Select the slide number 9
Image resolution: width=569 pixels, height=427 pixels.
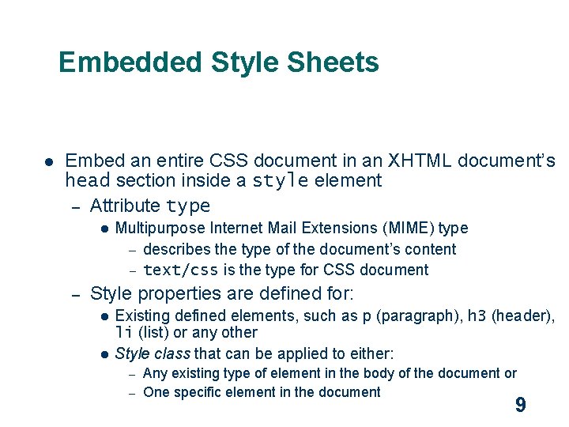(x=520, y=406)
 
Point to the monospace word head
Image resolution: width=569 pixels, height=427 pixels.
(x=87, y=181)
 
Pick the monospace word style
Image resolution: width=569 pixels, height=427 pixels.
(x=281, y=181)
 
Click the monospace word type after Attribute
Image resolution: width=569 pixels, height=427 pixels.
(x=188, y=206)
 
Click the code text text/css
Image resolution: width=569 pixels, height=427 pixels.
(x=181, y=270)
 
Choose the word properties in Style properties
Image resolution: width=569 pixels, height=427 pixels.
(x=179, y=293)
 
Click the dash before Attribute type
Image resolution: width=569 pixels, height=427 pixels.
(x=76, y=207)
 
